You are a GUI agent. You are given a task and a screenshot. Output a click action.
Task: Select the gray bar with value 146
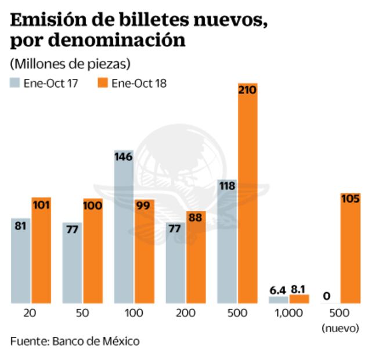(x=124, y=226)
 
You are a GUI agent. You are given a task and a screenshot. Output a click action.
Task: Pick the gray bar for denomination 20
(x=21, y=261)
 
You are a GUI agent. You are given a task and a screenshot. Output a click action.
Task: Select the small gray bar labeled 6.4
(x=278, y=300)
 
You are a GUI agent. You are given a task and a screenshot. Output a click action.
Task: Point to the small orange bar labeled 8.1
(x=299, y=299)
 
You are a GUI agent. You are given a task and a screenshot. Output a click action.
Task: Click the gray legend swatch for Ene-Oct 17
(x=15, y=83)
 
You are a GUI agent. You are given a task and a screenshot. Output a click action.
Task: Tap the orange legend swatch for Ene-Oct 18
(x=103, y=83)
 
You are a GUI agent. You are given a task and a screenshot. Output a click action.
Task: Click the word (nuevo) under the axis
(x=341, y=328)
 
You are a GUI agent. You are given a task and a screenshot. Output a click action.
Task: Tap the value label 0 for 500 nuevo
(x=326, y=296)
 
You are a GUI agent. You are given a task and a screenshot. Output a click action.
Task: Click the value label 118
(x=226, y=186)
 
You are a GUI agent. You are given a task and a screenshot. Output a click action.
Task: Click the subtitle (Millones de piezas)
(x=70, y=63)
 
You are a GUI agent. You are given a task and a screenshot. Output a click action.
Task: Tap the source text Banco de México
(x=96, y=341)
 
